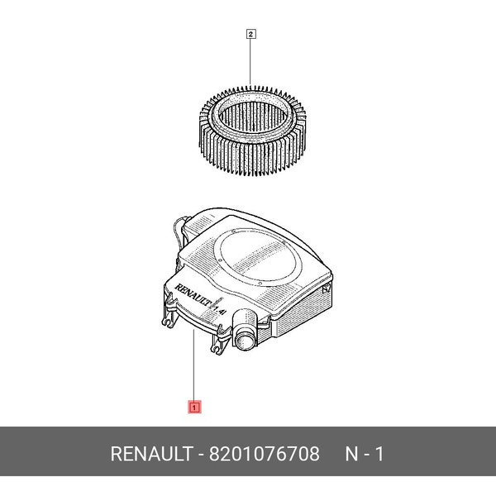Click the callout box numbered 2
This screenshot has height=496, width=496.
click(x=250, y=34)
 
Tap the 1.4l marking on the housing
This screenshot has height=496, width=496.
click(x=221, y=309)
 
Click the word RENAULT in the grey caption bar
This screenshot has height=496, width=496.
click(x=151, y=454)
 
